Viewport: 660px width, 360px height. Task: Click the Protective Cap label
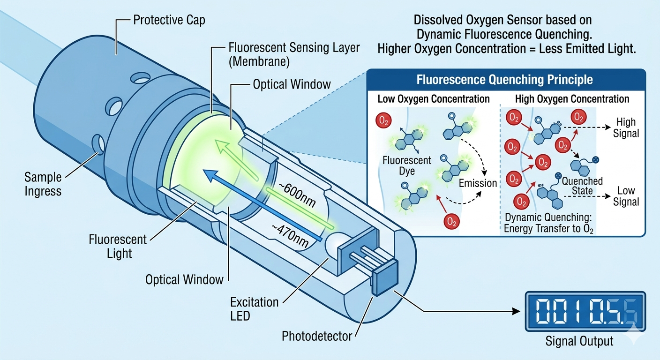pos(169,21)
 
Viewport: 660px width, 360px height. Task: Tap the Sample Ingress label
pos(43,184)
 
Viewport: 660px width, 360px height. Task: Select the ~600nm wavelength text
pos(296,196)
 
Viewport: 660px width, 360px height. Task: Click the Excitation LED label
pos(254,308)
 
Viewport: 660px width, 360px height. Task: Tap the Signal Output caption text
pos(579,341)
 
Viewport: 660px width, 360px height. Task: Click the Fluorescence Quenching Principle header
pos(504,80)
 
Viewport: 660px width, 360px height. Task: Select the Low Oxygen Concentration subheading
pos(434,99)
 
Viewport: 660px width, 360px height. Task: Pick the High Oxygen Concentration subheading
pos(572,99)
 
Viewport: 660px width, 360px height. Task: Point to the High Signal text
pos(626,127)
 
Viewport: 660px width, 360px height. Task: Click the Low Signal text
pos(626,196)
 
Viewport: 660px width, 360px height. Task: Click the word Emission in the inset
pos(478,183)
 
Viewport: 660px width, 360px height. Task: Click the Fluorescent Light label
pos(118,247)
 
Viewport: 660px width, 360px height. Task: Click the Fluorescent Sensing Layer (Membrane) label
pos(293,54)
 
